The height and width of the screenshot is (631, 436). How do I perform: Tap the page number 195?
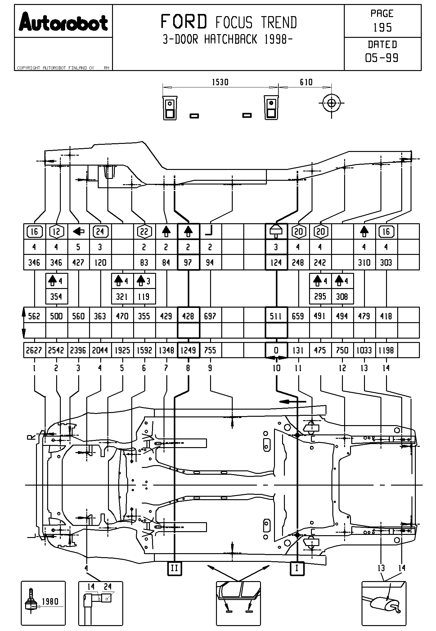[x=382, y=28]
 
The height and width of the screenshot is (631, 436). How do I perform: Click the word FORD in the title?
[x=184, y=22]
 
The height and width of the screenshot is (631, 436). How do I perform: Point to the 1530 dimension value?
[x=220, y=82]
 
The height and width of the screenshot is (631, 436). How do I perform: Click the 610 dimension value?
[x=306, y=82]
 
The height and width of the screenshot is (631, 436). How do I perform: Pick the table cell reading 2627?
[x=34, y=350]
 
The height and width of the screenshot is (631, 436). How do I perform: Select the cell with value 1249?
[x=188, y=350]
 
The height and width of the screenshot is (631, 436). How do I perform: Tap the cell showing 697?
[x=210, y=316]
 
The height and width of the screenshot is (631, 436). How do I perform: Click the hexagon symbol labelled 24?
[x=100, y=232]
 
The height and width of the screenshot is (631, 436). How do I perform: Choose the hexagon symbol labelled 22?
[x=144, y=232]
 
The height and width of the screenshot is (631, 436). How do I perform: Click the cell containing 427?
[x=78, y=263]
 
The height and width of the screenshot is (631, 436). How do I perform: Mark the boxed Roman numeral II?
[x=174, y=568]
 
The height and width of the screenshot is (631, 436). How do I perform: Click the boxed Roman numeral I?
[x=297, y=568]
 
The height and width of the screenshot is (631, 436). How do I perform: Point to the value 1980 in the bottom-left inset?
[x=50, y=602]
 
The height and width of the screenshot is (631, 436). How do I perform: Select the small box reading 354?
[x=56, y=297]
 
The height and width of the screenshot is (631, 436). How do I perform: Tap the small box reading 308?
[x=342, y=297]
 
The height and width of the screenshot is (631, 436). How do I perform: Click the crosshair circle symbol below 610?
[x=331, y=103]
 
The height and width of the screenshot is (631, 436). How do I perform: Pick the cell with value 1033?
[x=364, y=350]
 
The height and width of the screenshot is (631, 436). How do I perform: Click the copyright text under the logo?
[x=56, y=68]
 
